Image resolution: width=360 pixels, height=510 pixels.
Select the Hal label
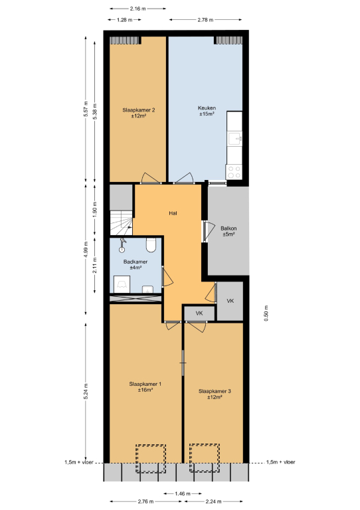click(x=173, y=213)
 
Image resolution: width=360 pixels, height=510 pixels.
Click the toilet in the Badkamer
click(x=151, y=245)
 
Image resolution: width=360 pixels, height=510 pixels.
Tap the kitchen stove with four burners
click(x=234, y=172)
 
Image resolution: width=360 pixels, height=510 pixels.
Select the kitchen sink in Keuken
click(x=234, y=139)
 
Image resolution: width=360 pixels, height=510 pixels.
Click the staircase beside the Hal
click(x=122, y=223)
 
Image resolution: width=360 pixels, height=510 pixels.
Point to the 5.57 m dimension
click(x=86, y=110)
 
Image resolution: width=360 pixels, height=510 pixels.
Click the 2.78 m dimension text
click(x=205, y=20)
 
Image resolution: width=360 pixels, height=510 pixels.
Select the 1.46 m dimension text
click(x=183, y=494)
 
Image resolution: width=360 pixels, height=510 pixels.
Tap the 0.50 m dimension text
click(x=266, y=313)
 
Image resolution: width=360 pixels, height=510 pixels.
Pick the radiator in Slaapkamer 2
click(x=126, y=41)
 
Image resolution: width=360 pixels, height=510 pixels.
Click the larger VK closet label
click(x=230, y=301)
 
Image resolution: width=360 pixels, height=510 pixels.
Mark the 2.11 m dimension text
click(x=94, y=265)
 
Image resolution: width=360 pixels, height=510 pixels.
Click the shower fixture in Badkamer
click(x=122, y=245)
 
